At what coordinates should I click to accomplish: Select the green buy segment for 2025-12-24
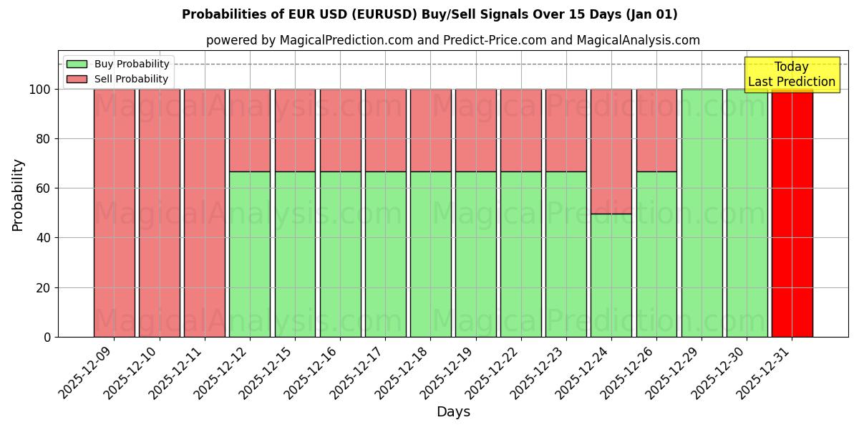pos(611,275)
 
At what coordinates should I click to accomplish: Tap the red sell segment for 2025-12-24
pos(611,151)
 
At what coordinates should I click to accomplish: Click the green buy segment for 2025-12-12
pos(250,254)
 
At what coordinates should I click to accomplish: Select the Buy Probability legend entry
pos(118,64)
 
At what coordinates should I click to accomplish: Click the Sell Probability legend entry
pos(118,79)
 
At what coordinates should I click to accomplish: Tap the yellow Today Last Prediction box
pos(792,75)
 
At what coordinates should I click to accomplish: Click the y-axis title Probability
pos(18,194)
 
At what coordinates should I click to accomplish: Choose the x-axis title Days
pos(453,412)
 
